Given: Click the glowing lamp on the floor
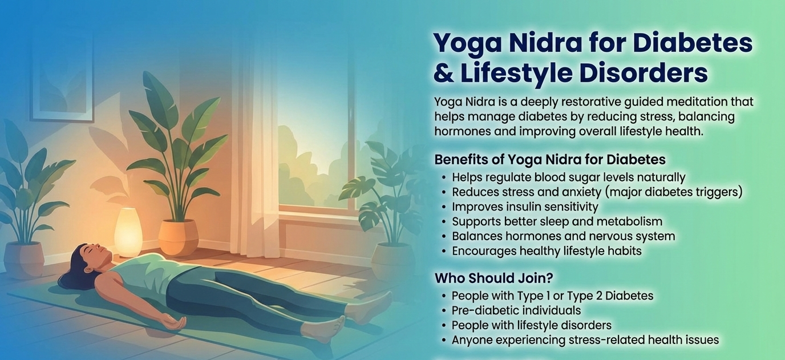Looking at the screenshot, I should pyautogui.click(x=128, y=231).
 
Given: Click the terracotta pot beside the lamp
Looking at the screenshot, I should pyautogui.click(x=178, y=237).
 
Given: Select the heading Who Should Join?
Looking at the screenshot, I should pyautogui.click(x=494, y=278).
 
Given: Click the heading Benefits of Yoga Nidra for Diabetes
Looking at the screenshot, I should pyautogui.click(x=550, y=159).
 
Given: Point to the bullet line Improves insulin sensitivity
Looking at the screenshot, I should pyautogui.click(x=525, y=207).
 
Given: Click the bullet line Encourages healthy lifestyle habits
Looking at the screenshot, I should pyautogui.click(x=547, y=251).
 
